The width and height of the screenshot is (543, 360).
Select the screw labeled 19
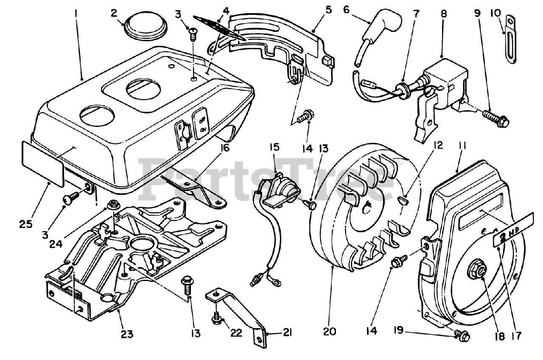tap(462, 335)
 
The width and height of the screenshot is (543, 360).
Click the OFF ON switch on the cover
tap(201, 123)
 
